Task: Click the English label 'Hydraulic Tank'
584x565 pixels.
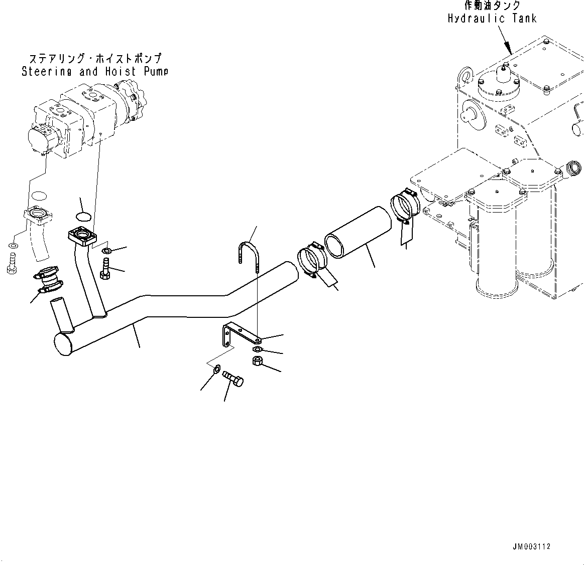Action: [x=492, y=19]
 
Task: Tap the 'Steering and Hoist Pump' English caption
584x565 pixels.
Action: [x=94, y=71]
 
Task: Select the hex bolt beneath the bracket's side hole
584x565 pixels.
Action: [x=232, y=378]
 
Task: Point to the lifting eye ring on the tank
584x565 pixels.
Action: [x=464, y=75]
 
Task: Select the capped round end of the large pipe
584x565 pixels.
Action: [x=63, y=344]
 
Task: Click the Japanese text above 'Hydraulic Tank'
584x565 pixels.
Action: [x=492, y=6]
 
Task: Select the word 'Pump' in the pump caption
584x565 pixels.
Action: [x=156, y=71]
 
